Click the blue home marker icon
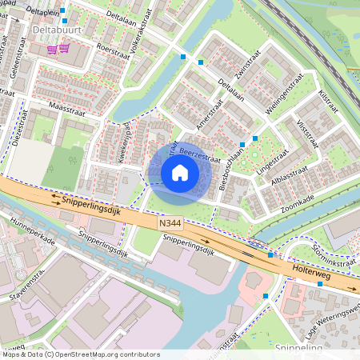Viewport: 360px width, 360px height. (x=180, y=173)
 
